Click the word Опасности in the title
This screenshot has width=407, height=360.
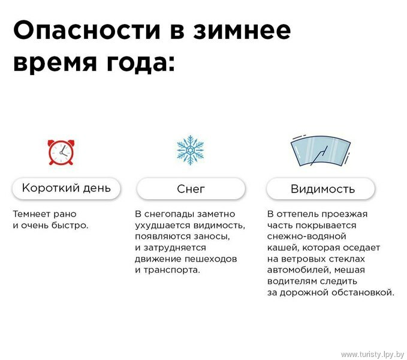(x=87, y=30)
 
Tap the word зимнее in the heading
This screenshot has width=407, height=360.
(x=242, y=31)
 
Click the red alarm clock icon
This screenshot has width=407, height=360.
(x=61, y=152)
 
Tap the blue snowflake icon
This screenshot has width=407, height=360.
(x=190, y=150)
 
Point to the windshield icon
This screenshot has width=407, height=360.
(x=320, y=150)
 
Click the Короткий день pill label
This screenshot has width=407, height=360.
(x=67, y=188)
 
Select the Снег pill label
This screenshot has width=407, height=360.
(x=191, y=189)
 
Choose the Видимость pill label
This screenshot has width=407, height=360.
(x=321, y=189)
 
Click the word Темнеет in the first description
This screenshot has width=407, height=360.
(x=31, y=214)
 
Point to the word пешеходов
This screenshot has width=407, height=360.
(x=211, y=259)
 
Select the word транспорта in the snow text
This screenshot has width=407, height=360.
(x=171, y=271)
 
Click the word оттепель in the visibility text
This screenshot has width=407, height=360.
(x=298, y=214)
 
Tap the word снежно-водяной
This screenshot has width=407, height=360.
(x=306, y=236)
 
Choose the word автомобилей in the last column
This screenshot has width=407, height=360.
(x=299, y=270)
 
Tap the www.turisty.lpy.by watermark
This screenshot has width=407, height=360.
(x=372, y=355)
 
